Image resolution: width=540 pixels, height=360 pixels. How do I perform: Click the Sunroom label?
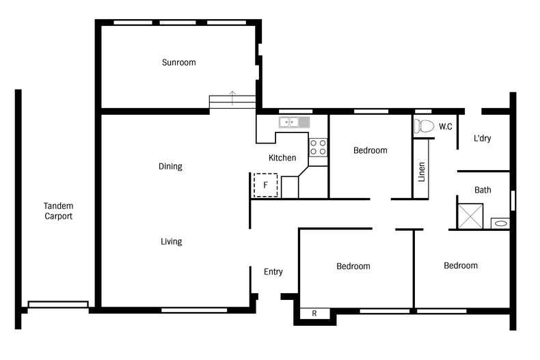[178, 62]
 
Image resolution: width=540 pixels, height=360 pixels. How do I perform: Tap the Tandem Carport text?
[58, 211]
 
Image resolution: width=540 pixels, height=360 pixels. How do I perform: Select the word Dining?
[170, 167]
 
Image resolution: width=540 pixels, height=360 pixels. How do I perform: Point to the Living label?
[171, 242]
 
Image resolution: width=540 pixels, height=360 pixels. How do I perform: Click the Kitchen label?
[282, 158]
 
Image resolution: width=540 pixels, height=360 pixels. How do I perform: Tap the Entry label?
[273, 272]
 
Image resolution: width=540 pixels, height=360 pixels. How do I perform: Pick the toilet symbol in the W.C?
[424, 126]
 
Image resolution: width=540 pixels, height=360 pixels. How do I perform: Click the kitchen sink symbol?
[294, 122]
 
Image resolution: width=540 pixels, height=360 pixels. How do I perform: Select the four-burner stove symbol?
[318, 148]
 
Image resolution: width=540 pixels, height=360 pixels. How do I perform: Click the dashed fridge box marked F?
[265, 185]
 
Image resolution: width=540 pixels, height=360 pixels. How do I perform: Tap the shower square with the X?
[470, 216]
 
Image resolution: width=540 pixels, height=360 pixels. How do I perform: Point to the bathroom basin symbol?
[500, 223]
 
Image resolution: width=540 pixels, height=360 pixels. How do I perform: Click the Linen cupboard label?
[422, 172]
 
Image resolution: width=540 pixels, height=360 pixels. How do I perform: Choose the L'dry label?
[482, 139]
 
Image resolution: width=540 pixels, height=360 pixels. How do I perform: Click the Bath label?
[483, 190]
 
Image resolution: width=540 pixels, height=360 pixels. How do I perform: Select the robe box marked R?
[314, 314]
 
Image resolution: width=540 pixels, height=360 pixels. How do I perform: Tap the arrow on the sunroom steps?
[232, 98]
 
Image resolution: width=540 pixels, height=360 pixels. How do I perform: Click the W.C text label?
[445, 126]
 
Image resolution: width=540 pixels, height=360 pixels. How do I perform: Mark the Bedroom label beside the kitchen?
[370, 150]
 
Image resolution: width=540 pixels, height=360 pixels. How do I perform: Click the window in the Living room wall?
[194, 310]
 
